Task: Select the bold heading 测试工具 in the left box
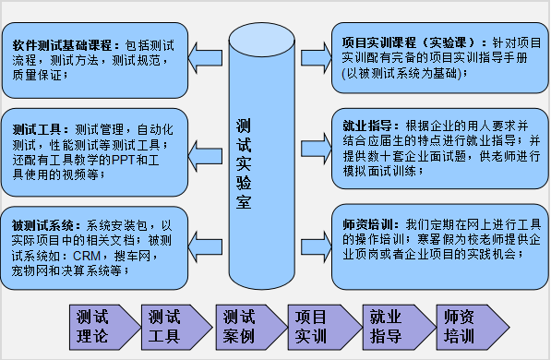click(37, 128)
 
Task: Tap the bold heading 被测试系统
click(42, 224)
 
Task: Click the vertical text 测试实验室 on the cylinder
click(244, 162)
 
